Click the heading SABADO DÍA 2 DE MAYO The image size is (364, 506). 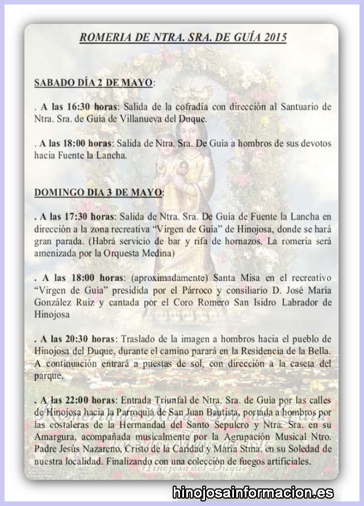click(x=93, y=82)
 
